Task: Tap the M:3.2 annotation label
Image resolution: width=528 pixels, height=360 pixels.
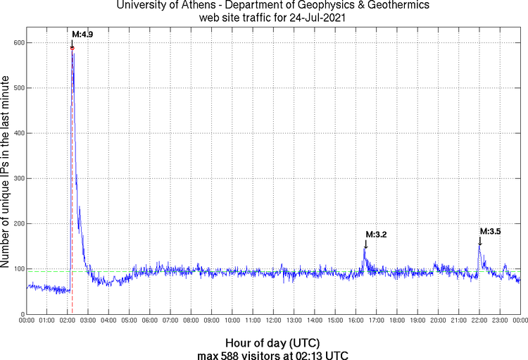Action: coord(376,234)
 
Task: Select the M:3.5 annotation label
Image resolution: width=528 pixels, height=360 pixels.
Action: coord(490,230)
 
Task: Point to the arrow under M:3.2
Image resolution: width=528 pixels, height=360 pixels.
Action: coord(365,244)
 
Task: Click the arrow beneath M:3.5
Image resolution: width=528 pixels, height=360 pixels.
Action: coord(480,241)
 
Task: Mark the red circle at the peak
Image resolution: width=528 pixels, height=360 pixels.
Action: coord(73,48)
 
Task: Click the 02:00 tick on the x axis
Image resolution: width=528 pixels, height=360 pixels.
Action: coord(68,321)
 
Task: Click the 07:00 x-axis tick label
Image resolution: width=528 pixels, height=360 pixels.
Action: coord(170,321)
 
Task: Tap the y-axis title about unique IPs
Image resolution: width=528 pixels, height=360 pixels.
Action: coord(6,173)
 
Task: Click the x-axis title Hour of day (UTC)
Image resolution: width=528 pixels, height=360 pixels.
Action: coord(273,343)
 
